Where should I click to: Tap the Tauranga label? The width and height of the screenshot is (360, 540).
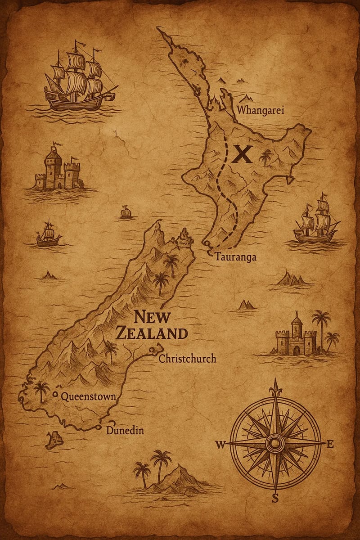[235, 257]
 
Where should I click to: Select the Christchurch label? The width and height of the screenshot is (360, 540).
[187, 359]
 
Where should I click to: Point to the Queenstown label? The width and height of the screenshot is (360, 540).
[88, 396]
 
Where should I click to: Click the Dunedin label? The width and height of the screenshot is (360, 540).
[125, 430]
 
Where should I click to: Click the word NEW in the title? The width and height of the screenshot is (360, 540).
[152, 317]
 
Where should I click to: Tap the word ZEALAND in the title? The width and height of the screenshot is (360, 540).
[151, 333]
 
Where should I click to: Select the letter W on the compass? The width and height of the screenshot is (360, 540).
[220, 445]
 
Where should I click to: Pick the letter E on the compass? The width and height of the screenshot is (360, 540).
[330, 445]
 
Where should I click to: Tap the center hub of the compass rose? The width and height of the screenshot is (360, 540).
[274, 443]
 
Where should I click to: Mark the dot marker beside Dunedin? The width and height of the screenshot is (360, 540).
[98, 427]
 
